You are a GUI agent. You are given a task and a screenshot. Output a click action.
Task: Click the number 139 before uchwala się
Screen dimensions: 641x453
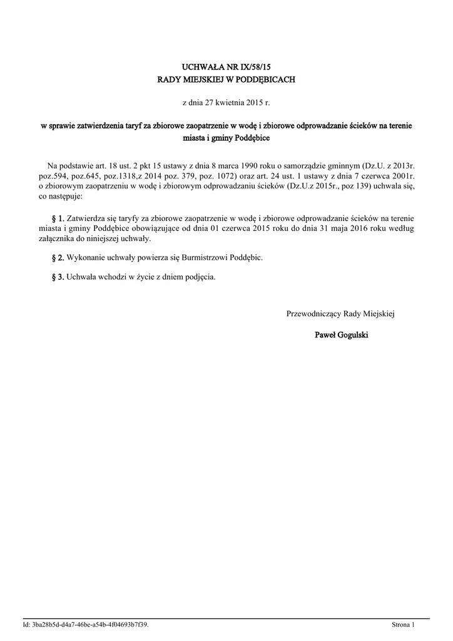360,187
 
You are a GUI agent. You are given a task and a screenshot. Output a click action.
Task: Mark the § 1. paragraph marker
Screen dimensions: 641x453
58,218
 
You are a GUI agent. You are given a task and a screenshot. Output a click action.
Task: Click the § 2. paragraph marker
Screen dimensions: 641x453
58,257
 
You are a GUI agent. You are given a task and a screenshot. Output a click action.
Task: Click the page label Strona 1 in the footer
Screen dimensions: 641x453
403,625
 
